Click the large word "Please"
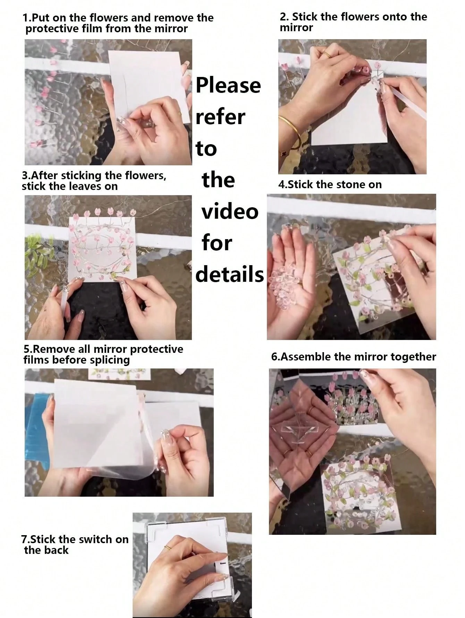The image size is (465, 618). [x=228, y=86]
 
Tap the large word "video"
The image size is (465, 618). [x=230, y=212]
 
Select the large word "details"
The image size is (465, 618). [x=230, y=274]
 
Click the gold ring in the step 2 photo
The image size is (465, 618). [x=328, y=54]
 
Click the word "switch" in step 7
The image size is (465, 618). [x=94, y=539]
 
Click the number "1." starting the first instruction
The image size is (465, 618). [x=26, y=18]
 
